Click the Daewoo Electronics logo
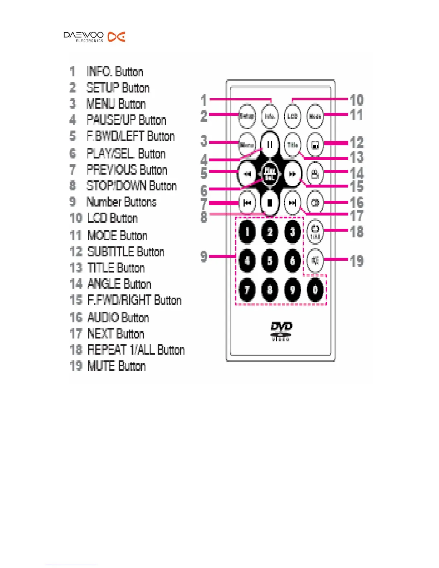tap(94, 37)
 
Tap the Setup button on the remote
tap(247, 116)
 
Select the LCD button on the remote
tap(292, 116)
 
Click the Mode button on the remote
tap(315, 116)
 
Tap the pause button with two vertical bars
tap(269, 145)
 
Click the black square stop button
tap(270, 203)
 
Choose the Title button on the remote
tap(292, 145)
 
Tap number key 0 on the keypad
tap(315, 290)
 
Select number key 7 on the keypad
tap(247, 290)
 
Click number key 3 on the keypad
tap(292, 232)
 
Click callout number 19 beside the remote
tap(357, 261)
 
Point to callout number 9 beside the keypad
tap(204, 256)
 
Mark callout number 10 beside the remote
tap(357, 100)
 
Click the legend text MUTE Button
tap(117, 366)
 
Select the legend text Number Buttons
tap(122, 202)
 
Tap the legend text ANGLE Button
tap(119, 284)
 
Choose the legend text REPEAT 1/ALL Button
tap(136, 350)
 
